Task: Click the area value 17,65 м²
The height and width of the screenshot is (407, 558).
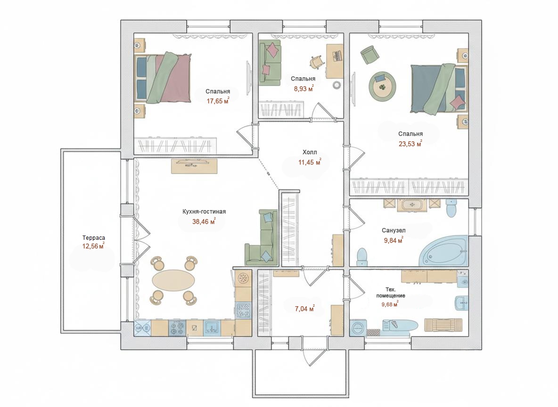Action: point(218,101)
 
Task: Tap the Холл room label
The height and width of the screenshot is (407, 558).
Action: point(310,152)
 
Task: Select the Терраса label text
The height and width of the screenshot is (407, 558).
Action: point(94,238)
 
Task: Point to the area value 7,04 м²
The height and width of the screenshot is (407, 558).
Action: point(304,309)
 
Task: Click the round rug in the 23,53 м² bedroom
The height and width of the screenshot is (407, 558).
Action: point(383,86)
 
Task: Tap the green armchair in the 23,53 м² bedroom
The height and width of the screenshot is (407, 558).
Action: point(370,55)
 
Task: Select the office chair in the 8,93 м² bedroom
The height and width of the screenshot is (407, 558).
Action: point(317,61)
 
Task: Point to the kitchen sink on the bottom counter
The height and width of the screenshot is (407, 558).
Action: point(212,328)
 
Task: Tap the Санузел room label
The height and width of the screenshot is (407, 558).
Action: point(394,230)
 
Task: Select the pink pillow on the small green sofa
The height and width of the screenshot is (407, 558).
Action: point(272,49)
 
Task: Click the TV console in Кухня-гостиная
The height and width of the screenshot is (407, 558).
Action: point(194,166)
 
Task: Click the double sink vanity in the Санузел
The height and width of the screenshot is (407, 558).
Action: point(412,205)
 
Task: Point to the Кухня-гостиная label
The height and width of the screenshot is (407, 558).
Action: point(204,212)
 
